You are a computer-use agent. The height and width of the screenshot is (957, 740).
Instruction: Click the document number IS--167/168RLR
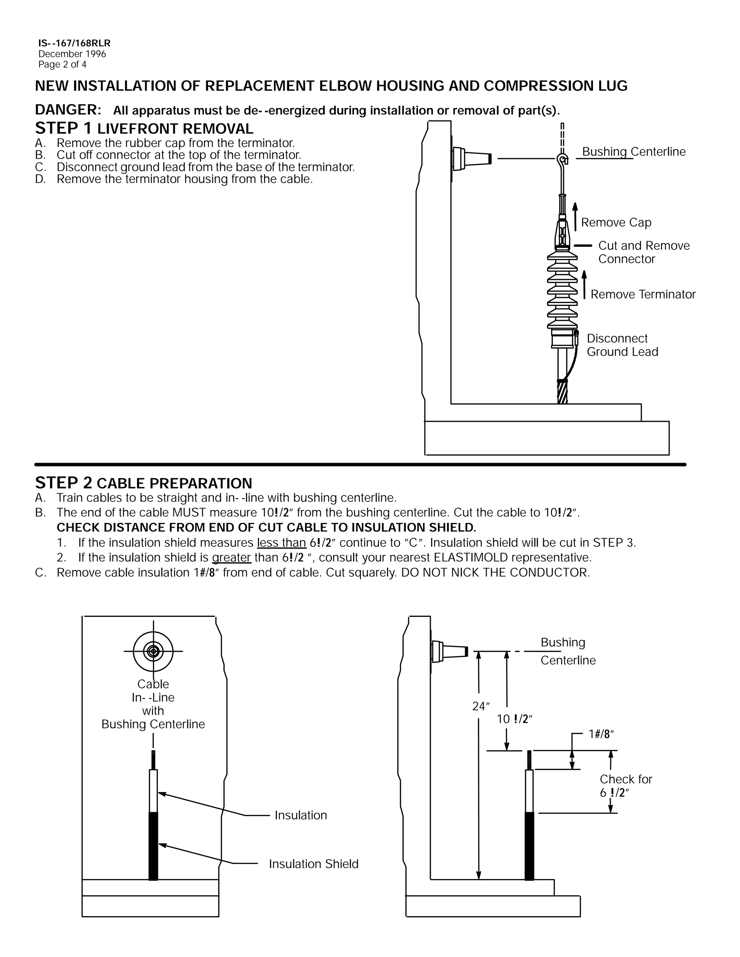74,43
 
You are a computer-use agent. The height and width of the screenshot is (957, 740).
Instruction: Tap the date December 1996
72,54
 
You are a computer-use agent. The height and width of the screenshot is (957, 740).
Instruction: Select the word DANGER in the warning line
68,109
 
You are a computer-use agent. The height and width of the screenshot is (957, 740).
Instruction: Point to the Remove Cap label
616,222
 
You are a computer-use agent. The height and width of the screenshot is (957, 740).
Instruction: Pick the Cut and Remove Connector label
643,252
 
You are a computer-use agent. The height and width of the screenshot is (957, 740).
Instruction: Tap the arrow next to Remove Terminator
584,285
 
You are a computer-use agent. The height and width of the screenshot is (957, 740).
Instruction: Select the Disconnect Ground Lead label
622,345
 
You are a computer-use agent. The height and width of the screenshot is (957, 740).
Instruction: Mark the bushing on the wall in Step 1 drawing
471,158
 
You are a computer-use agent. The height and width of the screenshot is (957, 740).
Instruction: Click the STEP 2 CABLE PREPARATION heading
143,483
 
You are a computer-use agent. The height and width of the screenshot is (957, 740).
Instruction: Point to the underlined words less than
281,542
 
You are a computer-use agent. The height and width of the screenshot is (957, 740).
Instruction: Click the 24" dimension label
481,706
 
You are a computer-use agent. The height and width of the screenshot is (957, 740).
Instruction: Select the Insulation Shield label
313,864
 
